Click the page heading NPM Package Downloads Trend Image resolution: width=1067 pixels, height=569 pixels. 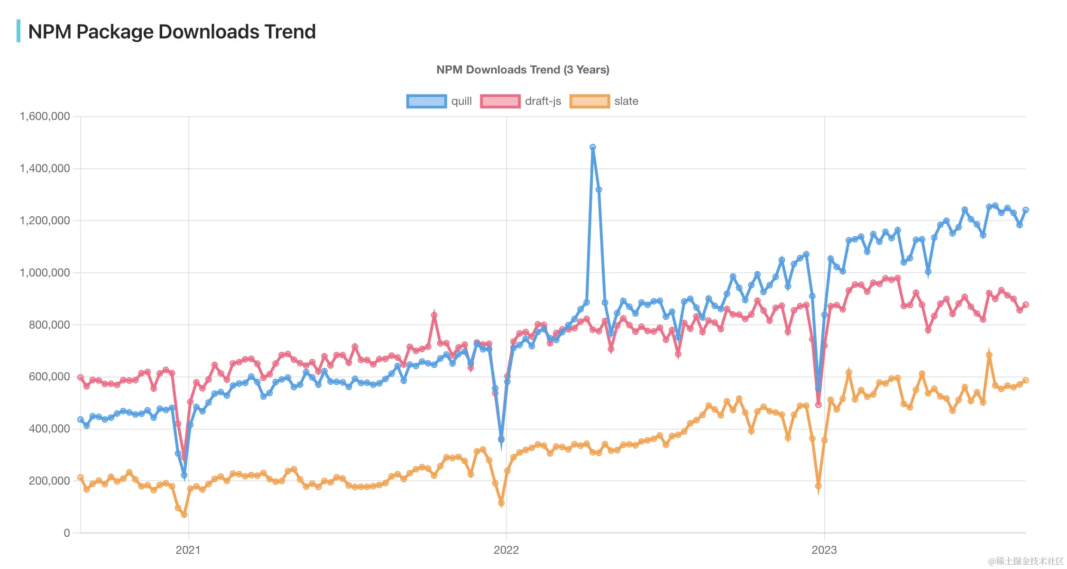tap(172, 32)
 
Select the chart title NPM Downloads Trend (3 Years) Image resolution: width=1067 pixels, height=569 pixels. tap(523, 70)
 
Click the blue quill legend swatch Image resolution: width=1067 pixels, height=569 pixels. tap(426, 101)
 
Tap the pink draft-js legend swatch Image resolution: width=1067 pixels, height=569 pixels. tap(500, 101)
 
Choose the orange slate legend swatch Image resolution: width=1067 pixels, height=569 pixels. tap(589, 101)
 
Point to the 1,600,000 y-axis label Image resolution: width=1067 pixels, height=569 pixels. tap(45, 116)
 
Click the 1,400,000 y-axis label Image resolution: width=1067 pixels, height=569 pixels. tap(45, 168)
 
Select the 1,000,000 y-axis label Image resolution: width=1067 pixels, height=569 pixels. tap(45, 273)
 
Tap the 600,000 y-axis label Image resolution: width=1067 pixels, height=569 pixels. tap(49, 376)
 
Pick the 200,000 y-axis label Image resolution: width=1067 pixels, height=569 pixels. tap(49, 481)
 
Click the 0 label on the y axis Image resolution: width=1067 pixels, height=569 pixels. tap(67, 533)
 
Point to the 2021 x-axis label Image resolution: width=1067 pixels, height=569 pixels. tap(188, 550)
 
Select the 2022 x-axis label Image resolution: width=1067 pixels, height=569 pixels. tap(506, 550)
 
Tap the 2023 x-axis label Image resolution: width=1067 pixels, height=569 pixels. tap(824, 550)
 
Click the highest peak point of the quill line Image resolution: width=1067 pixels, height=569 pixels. tap(593, 147)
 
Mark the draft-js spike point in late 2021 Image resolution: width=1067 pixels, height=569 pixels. tap(434, 315)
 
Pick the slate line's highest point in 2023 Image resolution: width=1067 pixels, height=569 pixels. tap(989, 355)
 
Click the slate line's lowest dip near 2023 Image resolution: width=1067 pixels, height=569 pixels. tap(818, 486)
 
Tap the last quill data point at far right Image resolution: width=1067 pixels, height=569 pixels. tap(1025, 210)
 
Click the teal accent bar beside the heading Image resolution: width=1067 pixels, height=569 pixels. tap(18, 31)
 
